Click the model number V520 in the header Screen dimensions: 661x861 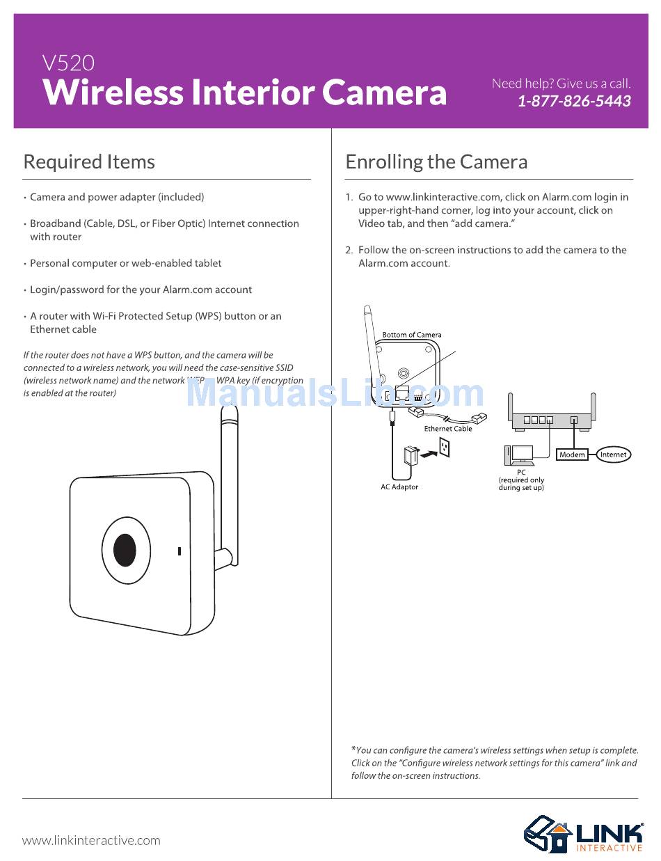pos(68,63)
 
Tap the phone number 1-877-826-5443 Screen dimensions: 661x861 pos(574,101)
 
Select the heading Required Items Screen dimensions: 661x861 pos(89,162)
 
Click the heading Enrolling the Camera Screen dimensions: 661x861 pos(436,162)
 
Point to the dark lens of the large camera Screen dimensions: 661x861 pos(125,550)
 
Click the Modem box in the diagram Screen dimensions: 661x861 pos(572,455)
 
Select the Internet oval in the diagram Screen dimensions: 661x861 pos(613,455)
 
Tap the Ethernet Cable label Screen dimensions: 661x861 pos(447,429)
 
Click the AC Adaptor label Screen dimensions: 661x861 pos(399,487)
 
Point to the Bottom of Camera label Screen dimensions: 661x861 pos(412,335)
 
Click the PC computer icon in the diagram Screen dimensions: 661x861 pos(520,456)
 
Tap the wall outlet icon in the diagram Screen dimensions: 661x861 pos(443,448)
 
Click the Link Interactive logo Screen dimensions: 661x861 pos(583,833)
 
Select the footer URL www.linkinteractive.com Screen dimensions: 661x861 pos(91,840)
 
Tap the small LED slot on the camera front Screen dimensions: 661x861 pos(180,551)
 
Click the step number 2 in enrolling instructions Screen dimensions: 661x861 pos(349,250)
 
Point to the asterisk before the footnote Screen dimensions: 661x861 pos(353,750)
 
